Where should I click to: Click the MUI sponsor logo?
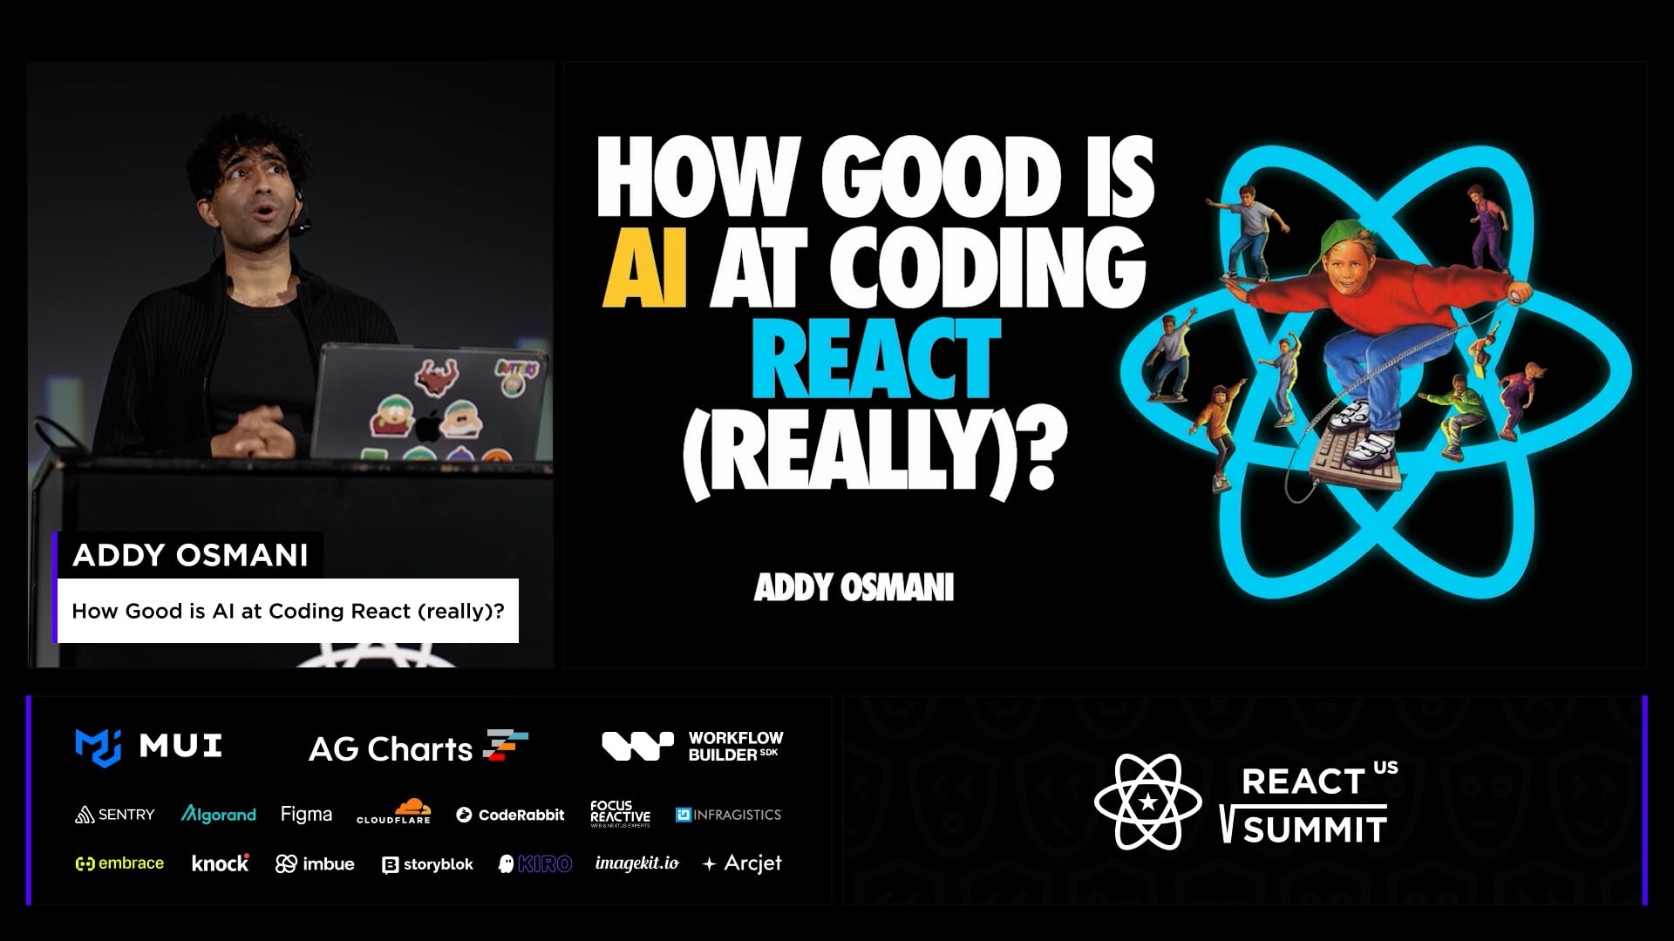tap(148, 747)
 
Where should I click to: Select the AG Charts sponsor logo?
tap(418, 748)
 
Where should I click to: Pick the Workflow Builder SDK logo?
tap(692, 747)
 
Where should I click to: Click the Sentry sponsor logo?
tap(115, 815)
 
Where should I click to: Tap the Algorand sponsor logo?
tap(218, 815)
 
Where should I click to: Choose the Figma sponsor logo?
tap(306, 815)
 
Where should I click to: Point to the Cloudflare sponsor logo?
tap(394, 812)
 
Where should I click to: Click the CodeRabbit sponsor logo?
tap(510, 815)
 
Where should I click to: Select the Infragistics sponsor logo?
tap(729, 815)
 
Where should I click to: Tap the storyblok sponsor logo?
tap(427, 864)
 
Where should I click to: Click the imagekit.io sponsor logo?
tap(636, 863)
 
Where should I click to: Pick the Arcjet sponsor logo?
tap(742, 863)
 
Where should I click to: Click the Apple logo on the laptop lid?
tap(426, 428)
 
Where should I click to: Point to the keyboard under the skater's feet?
tap(1357, 460)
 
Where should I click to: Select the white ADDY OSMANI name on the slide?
tap(854, 588)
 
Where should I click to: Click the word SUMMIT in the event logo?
tap(1315, 829)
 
